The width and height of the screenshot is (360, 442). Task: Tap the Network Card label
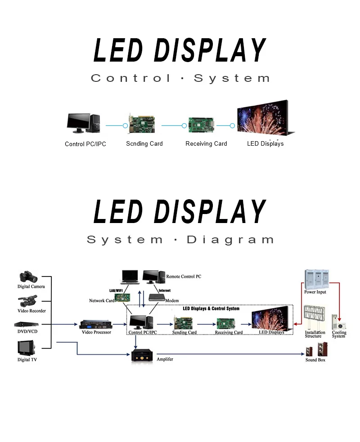click(x=101, y=300)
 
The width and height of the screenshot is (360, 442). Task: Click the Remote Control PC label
click(x=184, y=277)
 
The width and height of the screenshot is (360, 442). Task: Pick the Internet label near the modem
click(x=164, y=291)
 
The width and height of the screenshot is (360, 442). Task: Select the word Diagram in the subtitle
click(x=230, y=240)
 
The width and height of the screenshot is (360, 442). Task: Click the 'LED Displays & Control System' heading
click(x=211, y=309)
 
